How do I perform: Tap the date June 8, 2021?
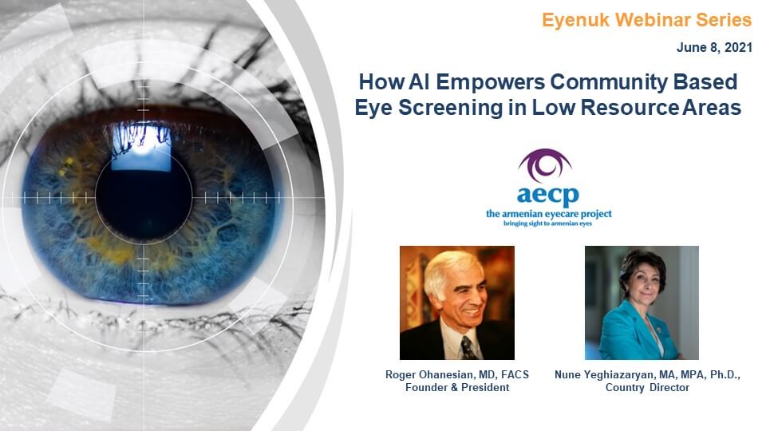(714, 48)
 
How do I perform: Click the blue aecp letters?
(548, 195)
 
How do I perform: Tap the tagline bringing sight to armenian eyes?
(548, 223)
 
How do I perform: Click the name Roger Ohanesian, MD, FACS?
(456, 374)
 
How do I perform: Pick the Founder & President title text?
(456, 388)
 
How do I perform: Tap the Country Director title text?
(647, 388)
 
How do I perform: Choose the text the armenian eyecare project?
(548, 214)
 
